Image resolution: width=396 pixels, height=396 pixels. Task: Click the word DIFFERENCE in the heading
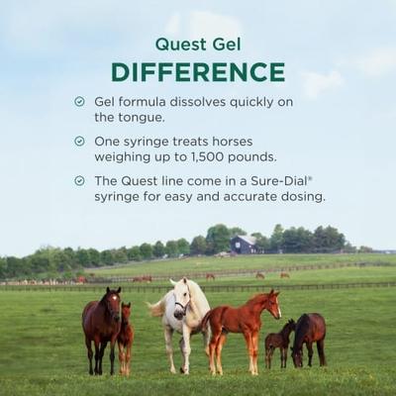click(198, 71)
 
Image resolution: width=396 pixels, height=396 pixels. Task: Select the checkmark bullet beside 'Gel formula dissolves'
click(79, 101)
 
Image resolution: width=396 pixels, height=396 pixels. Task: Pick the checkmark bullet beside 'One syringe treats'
click(79, 141)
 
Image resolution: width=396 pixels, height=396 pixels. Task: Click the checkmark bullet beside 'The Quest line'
click(79, 181)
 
